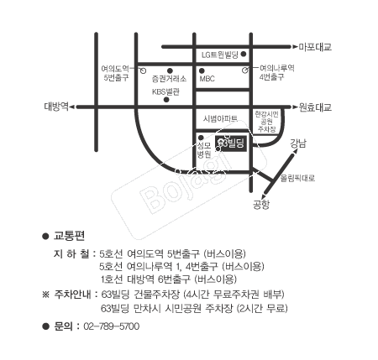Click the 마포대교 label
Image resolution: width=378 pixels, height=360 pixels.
315,47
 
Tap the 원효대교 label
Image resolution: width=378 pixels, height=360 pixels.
315,107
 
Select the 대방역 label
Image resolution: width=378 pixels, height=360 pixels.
56,107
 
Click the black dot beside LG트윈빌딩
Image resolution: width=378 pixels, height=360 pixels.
244,54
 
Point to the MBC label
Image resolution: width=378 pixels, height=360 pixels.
207,79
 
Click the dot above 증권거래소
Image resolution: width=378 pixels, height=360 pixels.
170,70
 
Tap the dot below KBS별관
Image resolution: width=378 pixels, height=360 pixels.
166,100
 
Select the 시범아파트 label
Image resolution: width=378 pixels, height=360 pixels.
220,118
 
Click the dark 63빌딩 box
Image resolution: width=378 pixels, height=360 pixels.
231,143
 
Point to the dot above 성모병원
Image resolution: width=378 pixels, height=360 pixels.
201,138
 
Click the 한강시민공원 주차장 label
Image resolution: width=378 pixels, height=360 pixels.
266,122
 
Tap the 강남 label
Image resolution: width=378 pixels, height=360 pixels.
298,143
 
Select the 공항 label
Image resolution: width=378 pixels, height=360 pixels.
261,205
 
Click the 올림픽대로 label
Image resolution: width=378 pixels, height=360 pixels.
298,178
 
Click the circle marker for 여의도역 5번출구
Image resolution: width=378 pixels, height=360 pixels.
143,70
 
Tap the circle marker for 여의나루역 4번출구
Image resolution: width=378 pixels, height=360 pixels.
245,70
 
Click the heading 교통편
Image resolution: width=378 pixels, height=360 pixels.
69,236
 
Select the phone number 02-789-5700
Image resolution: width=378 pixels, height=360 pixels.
112,326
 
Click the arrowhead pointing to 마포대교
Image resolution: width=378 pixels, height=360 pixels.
295,47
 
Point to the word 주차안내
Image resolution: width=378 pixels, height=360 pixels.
72,295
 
